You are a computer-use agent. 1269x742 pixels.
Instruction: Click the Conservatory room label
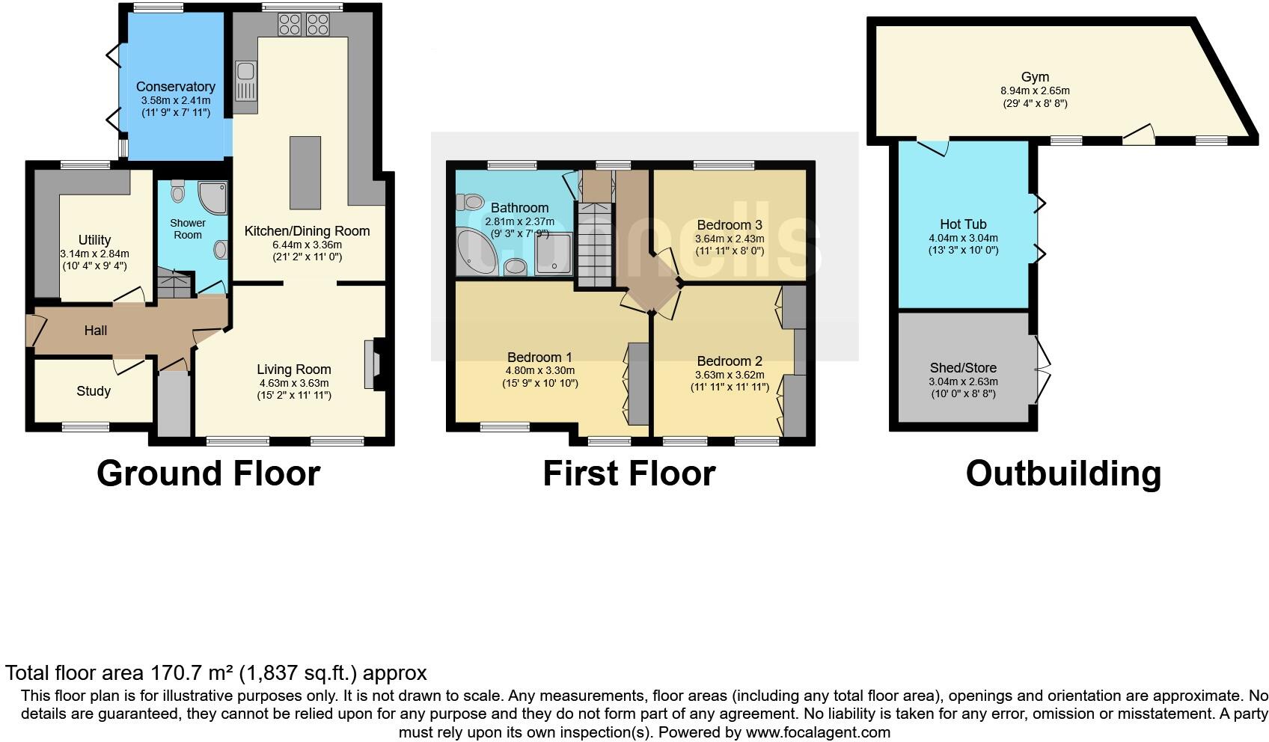point(176,87)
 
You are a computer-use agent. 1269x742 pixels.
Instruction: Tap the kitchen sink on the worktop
point(245,81)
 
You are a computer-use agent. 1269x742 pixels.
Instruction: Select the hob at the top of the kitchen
point(303,25)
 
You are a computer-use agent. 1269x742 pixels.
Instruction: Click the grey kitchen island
point(305,173)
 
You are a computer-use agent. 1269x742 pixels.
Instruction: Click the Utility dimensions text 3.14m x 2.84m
point(94,254)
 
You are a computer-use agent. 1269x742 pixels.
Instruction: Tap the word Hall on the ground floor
point(96,331)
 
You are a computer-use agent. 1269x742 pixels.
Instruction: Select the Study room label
point(94,391)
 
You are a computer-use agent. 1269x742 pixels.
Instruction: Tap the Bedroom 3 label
point(729,225)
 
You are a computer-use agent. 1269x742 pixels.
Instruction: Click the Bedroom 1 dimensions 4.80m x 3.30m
point(540,370)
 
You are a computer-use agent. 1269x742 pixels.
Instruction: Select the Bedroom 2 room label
point(729,361)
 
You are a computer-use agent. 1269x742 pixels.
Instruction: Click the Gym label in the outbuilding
point(1035,77)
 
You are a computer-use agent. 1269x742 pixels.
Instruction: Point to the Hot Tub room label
point(963,224)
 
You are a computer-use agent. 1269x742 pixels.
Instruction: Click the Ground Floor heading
point(209,473)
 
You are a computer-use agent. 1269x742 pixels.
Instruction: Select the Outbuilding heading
point(1063,473)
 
